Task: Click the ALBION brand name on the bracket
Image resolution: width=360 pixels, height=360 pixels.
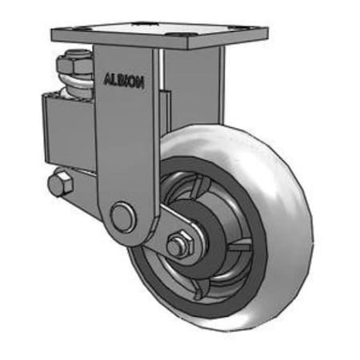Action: click(x=124, y=81)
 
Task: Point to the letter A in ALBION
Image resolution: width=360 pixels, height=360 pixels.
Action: click(x=108, y=79)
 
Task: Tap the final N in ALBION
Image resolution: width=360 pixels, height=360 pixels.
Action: click(x=141, y=82)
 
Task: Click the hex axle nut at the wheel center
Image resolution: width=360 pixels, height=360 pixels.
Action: click(x=179, y=244)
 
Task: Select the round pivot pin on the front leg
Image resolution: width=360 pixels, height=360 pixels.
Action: click(x=122, y=216)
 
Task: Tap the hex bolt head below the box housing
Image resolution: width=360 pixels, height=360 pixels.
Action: click(x=59, y=184)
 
